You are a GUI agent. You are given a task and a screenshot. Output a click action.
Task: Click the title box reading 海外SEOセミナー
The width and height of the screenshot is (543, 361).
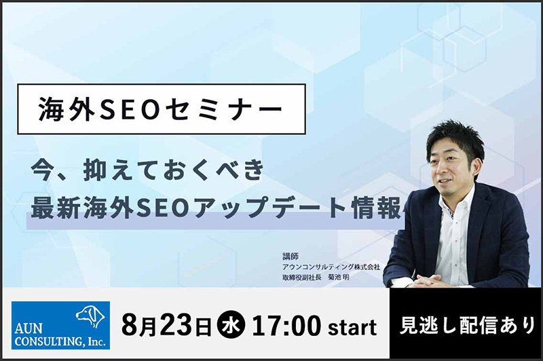point(162,109)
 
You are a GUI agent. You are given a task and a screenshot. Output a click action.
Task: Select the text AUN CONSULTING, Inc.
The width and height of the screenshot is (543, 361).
point(60,335)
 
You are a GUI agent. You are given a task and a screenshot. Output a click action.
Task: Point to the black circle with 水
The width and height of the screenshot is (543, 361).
point(231,326)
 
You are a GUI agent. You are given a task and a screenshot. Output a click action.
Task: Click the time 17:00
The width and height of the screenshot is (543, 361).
point(286,326)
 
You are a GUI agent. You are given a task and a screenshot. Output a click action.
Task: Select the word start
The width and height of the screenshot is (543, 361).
point(352,328)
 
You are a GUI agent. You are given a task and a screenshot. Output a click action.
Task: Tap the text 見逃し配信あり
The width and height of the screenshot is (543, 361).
point(468,326)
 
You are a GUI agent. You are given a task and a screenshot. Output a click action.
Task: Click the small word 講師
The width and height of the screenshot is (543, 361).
point(291,256)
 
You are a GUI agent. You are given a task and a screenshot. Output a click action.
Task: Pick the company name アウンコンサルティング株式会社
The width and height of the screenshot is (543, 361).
point(331,267)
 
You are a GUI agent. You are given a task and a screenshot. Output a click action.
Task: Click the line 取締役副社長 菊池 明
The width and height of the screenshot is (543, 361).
point(316,278)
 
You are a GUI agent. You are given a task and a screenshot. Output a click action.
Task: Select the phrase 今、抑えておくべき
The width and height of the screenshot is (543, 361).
point(147,170)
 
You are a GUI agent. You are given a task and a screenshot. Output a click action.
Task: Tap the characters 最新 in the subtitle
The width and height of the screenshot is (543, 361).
point(56,209)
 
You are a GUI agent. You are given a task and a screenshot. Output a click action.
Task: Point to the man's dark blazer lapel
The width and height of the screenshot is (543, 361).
point(480,221)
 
